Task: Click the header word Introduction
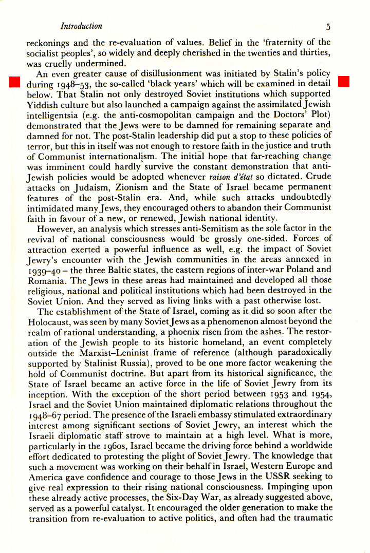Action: point(81,26)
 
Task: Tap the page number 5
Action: point(328,27)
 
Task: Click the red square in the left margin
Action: point(14,82)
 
